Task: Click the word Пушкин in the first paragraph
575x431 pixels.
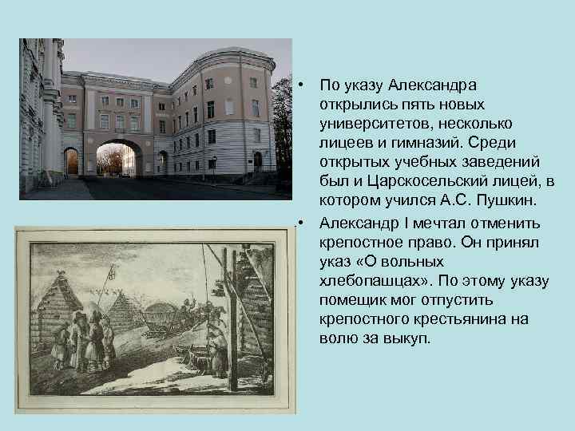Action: click(506, 200)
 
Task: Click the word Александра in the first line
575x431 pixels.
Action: click(432, 85)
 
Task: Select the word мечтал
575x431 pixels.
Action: click(439, 223)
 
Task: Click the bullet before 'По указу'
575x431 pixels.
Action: click(301, 85)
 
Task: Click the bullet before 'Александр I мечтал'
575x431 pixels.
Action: click(301, 223)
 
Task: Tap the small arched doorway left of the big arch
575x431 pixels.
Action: click(71, 162)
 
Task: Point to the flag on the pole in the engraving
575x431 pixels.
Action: click(112, 271)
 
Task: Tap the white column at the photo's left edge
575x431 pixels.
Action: click(49, 110)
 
